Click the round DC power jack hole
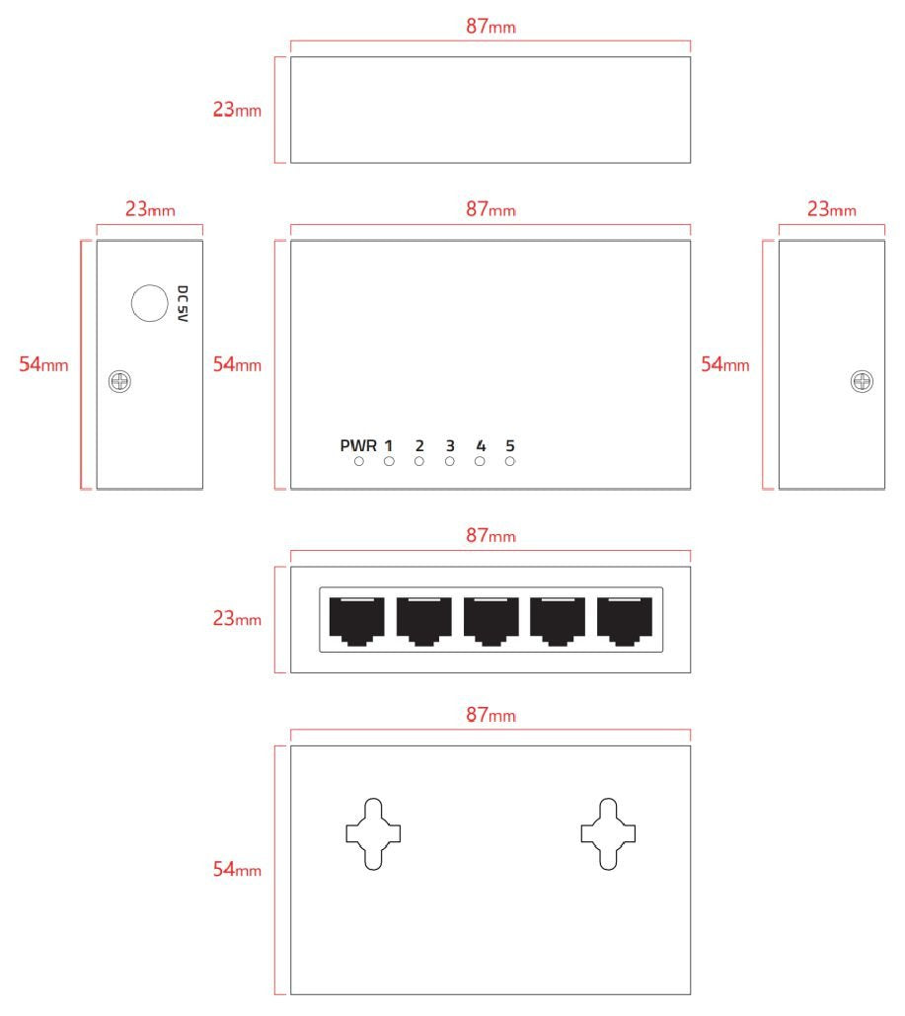point(149,302)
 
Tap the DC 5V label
point(182,306)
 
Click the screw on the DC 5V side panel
point(121,381)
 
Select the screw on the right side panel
point(861,381)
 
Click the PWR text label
point(358,444)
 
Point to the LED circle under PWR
point(359,461)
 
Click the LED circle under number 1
point(389,461)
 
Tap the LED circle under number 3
point(450,461)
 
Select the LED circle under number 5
point(510,461)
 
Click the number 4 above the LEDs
point(481,444)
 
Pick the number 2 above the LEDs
point(419,444)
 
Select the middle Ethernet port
point(491,620)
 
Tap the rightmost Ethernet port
point(625,620)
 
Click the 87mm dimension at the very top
point(490,27)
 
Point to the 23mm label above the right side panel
point(830,209)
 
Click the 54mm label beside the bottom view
point(238,870)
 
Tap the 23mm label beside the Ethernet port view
point(238,619)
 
